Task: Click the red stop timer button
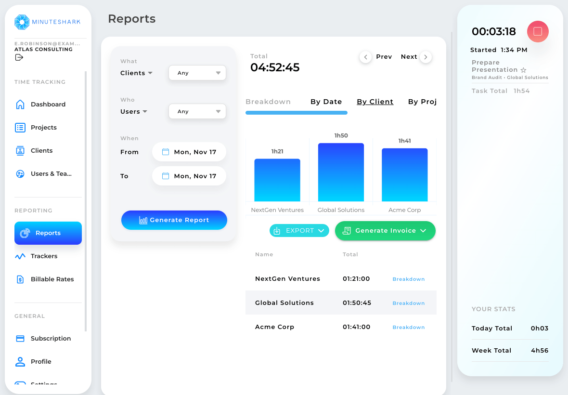[x=538, y=31]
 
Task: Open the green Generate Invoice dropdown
[x=385, y=231]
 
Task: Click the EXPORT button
[x=299, y=231]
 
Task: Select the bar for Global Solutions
[x=341, y=172]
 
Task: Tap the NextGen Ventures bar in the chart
[x=277, y=180]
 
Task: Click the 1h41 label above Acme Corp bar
[x=404, y=141]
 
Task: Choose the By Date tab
[x=326, y=102]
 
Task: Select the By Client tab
[x=375, y=102]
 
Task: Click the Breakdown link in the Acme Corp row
[x=408, y=327]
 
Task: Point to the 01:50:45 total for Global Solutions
[x=357, y=303]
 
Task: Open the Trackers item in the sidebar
[x=44, y=256]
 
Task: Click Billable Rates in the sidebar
[x=52, y=279]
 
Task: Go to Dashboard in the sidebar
[x=48, y=105]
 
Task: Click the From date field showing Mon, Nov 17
[x=189, y=152]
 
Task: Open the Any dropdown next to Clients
[x=197, y=73]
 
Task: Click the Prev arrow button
[x=365, y=57]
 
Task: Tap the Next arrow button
[x=426, y=57]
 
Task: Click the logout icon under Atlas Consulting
[x=19, y=57]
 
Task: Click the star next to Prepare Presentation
[x=524, y=70]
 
